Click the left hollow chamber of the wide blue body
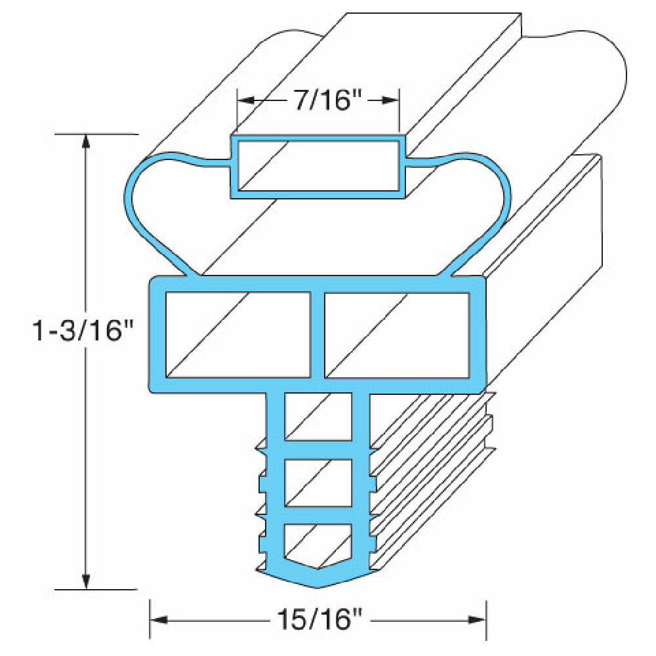point(237,335)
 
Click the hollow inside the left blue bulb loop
point(171,210)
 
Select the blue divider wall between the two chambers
point(318,335)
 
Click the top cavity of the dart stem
point(318,417)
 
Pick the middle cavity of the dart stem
point(318,483)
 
